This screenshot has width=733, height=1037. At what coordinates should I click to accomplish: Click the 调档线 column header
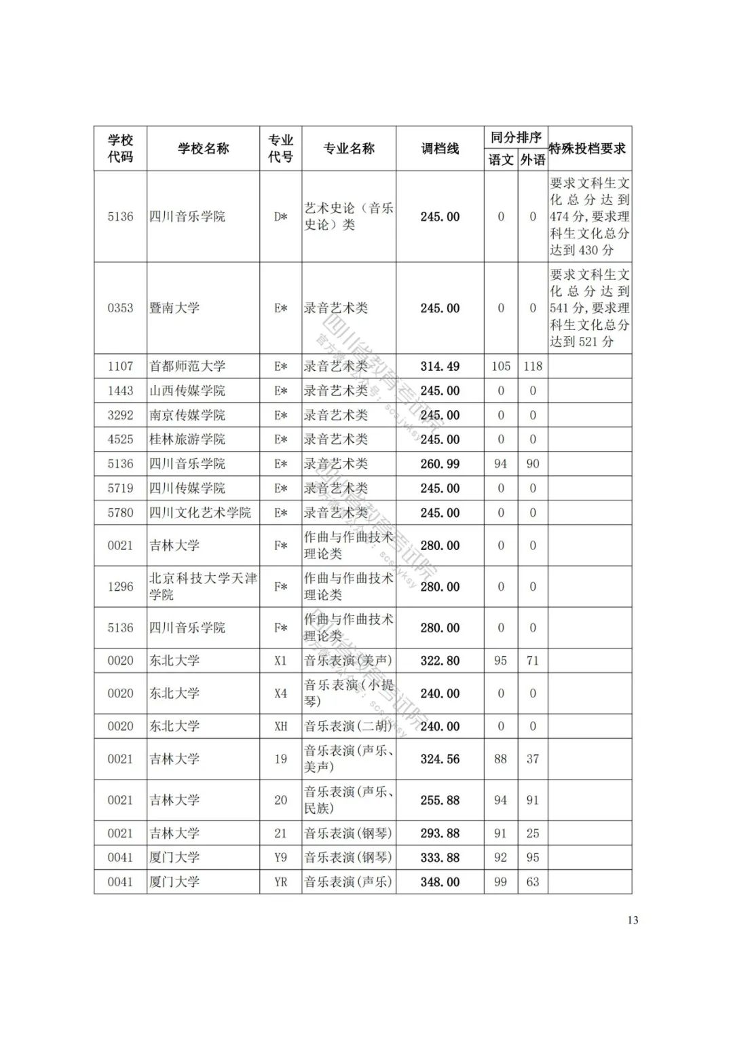(440, 148)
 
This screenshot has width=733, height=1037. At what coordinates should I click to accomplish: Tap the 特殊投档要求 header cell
(588, 148)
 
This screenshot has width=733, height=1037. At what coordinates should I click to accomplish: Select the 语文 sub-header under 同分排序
(501, 160)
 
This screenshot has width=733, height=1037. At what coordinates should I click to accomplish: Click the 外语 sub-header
(533, 160)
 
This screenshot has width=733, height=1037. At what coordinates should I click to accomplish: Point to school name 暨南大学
(174, 308)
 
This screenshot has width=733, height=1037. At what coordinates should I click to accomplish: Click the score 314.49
(440, 366)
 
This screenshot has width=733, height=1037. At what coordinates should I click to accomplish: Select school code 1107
(120, 366)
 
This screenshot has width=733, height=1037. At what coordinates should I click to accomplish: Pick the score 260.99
(440, 464)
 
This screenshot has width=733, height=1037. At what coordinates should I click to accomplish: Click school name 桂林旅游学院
(187, 439)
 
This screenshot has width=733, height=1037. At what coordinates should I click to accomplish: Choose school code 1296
(120, 586)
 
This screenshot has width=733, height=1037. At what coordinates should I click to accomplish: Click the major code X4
(280, 693)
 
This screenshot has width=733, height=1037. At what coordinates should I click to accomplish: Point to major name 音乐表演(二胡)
(348, 726)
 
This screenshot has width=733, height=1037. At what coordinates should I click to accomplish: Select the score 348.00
(440, 881)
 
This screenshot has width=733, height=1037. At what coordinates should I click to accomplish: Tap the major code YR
(280, 881)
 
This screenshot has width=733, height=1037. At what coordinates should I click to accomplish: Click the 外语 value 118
(533, 366)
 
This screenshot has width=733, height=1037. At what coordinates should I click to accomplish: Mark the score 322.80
(440, 660)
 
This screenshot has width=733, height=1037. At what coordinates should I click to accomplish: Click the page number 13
(633, 920)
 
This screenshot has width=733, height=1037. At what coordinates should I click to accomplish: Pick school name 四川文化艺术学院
(200, 513)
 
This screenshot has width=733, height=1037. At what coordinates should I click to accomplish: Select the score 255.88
(440, 800)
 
